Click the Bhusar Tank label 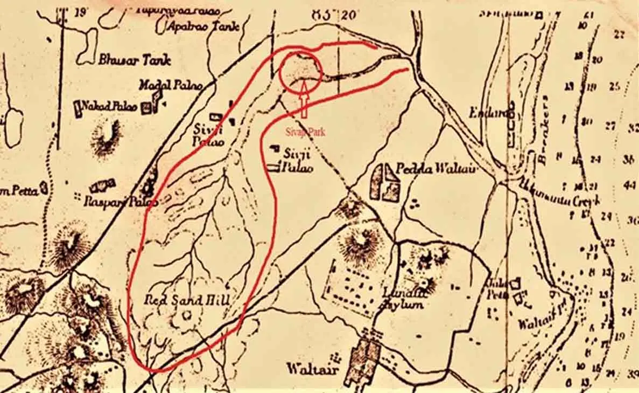click(x=134, y=59)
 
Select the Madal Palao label click(x=170, y=85)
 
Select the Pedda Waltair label click(x=437, y=169)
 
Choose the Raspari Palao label click(x=121, y=202)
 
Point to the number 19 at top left click(x=81, y=11)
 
